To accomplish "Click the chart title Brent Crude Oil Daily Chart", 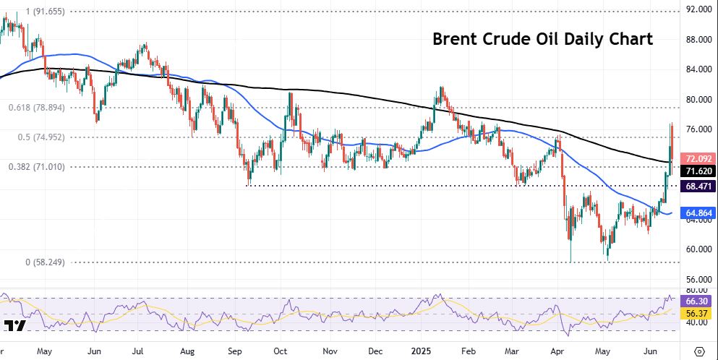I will (542, 39).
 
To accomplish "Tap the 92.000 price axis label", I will (699, 9).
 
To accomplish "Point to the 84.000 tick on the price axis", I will (699, 69).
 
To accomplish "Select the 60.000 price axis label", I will (699, 249).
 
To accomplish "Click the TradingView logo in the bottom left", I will (14, 325).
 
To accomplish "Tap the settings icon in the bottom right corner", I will (698, 351).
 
